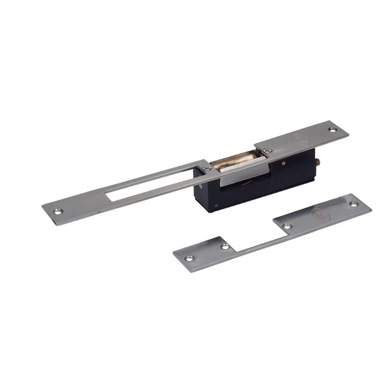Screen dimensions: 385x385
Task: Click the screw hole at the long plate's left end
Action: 58,211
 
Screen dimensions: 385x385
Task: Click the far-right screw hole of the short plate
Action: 354,204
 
